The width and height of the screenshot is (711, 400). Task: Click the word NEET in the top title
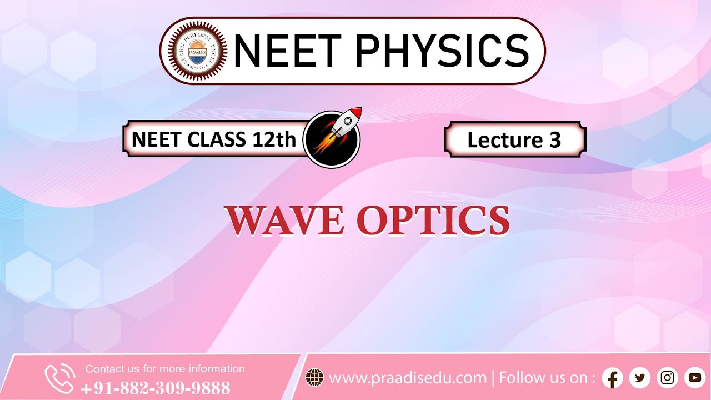point(287,51)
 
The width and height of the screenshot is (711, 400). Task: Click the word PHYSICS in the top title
point(441,51)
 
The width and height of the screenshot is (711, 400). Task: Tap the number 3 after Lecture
point(555,140)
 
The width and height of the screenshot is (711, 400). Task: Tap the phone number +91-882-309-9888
point(155,388)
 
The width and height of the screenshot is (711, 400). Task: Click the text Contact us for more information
point(164,369)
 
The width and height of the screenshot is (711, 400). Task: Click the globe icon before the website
point(315,378)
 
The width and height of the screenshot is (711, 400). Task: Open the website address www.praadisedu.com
point(408,378)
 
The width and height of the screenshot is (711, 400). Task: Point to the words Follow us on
point(543,378)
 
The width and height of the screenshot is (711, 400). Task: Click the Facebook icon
point(612,378)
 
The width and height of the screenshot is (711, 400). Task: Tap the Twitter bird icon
point(640,378)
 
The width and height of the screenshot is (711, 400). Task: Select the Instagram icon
point(668,378)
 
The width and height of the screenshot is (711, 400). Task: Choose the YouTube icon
point(695,378)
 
